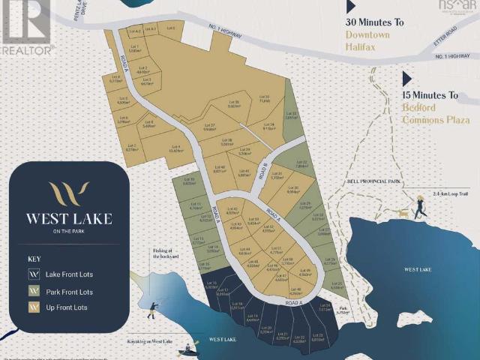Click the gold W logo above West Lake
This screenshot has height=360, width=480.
click(68, 193)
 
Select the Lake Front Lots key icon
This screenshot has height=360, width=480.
click(33, 274)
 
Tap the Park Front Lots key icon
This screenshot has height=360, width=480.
click(33, 291)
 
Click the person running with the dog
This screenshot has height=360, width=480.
click(421, 204)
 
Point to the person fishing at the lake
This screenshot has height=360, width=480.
click(154, 309)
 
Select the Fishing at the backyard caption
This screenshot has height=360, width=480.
click(166, 253)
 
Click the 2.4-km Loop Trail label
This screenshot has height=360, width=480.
click(448, 193)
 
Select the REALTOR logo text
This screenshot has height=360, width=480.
click(28, 49)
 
